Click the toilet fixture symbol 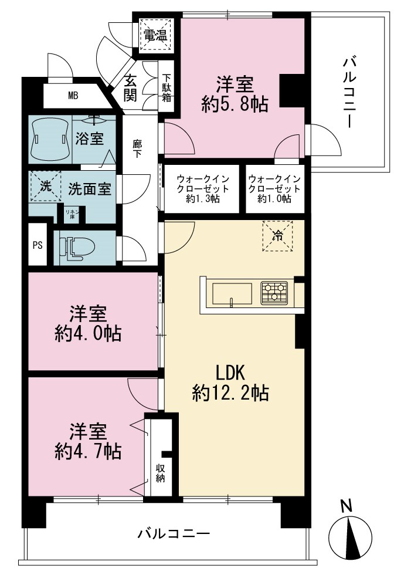tap(76, 248)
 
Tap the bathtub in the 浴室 tap(50, 139)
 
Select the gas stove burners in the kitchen tap(274, 293)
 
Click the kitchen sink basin tap(232, 294)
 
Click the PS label tap(38, 245)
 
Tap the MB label tap(73, 96)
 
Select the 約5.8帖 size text tap(235, 104)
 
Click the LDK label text tap(230, 373)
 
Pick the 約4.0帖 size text tap(88, 334)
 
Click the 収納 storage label tap(160, 474)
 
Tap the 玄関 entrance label tap(130, 88)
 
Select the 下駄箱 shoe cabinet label tap(167, 89)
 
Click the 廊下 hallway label tap(137, 148)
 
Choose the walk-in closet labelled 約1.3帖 tap(202, 189)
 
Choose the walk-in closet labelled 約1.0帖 tap(275, 189)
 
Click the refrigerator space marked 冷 tap(277, 236)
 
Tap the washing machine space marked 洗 tap(46, 186)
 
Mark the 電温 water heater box tap(155, 35)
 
